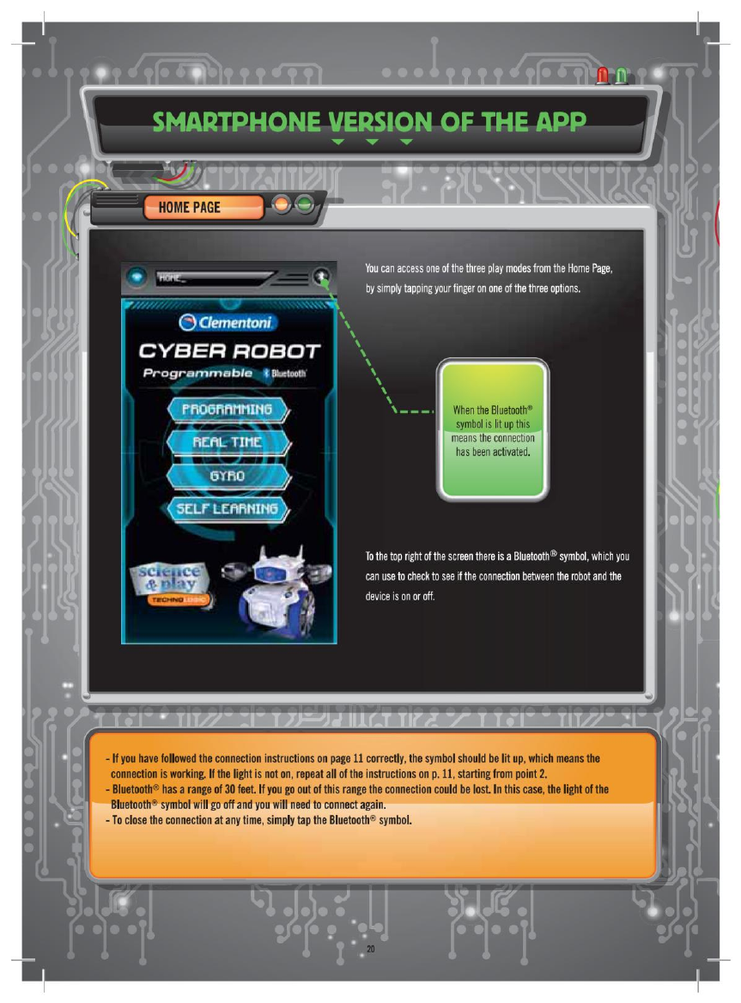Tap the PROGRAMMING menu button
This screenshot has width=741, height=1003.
pos(227,409)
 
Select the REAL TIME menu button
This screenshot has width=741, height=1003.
pos(227,442)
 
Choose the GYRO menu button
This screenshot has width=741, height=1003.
pos(227,475)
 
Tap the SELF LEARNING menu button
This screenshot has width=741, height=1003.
pos(227,508)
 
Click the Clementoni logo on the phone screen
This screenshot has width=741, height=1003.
pos(228,323)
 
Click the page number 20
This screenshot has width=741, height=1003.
pos(371,949)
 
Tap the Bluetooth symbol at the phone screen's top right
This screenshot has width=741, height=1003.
pos(322,277)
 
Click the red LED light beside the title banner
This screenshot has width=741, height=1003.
pos(603,77)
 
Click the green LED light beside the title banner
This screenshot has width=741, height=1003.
pos(621,77)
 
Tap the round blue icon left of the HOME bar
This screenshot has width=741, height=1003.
pos(137,277)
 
